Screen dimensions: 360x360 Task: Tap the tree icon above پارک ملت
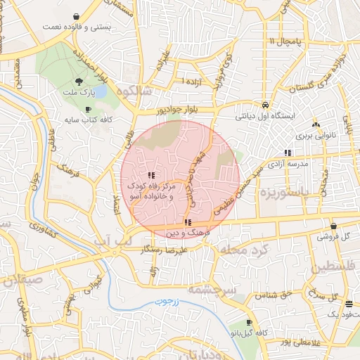[78, 82]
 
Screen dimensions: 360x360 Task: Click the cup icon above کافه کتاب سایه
[88, 110]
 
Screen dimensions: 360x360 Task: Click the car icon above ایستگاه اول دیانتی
[264, 103]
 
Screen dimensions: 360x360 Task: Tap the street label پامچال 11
[283, 43]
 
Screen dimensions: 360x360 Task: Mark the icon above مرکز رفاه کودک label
[151, 174]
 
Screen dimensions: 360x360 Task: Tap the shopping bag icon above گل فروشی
[333, 226]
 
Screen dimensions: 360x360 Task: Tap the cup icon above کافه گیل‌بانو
[249, 322]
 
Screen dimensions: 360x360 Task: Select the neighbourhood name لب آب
[113, 241]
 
